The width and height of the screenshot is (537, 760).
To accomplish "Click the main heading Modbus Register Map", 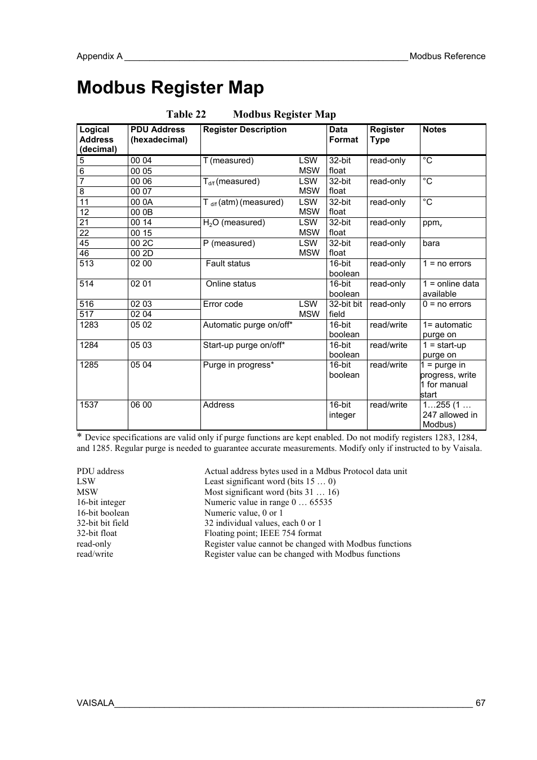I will [170, 88].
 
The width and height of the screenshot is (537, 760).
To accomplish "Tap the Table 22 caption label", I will [186, 114].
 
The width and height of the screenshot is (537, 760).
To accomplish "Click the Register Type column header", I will [387, 135].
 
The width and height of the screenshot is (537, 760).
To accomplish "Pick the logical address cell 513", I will [87, 264].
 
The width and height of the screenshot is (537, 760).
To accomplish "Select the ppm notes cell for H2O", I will [432, 223].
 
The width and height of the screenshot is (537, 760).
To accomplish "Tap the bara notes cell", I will [431, 243].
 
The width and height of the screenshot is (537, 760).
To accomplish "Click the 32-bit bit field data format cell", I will [346, 309].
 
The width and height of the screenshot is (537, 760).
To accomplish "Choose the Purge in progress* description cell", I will [238, 365].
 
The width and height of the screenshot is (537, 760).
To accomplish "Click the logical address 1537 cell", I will [89, 405].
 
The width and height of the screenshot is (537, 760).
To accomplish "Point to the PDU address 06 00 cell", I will [141, 405].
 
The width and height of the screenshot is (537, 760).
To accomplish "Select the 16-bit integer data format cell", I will [342, 410].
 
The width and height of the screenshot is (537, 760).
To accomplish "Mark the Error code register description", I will [223, 305].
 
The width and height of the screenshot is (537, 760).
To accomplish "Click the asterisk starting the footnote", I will [79, 437].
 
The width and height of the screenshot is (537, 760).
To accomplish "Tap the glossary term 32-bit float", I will [97, 533].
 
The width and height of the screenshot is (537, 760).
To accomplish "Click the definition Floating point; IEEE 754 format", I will [263, 533].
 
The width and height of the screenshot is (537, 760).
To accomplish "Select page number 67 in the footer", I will [480, 703].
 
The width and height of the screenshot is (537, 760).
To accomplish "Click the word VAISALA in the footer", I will [95, 703].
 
